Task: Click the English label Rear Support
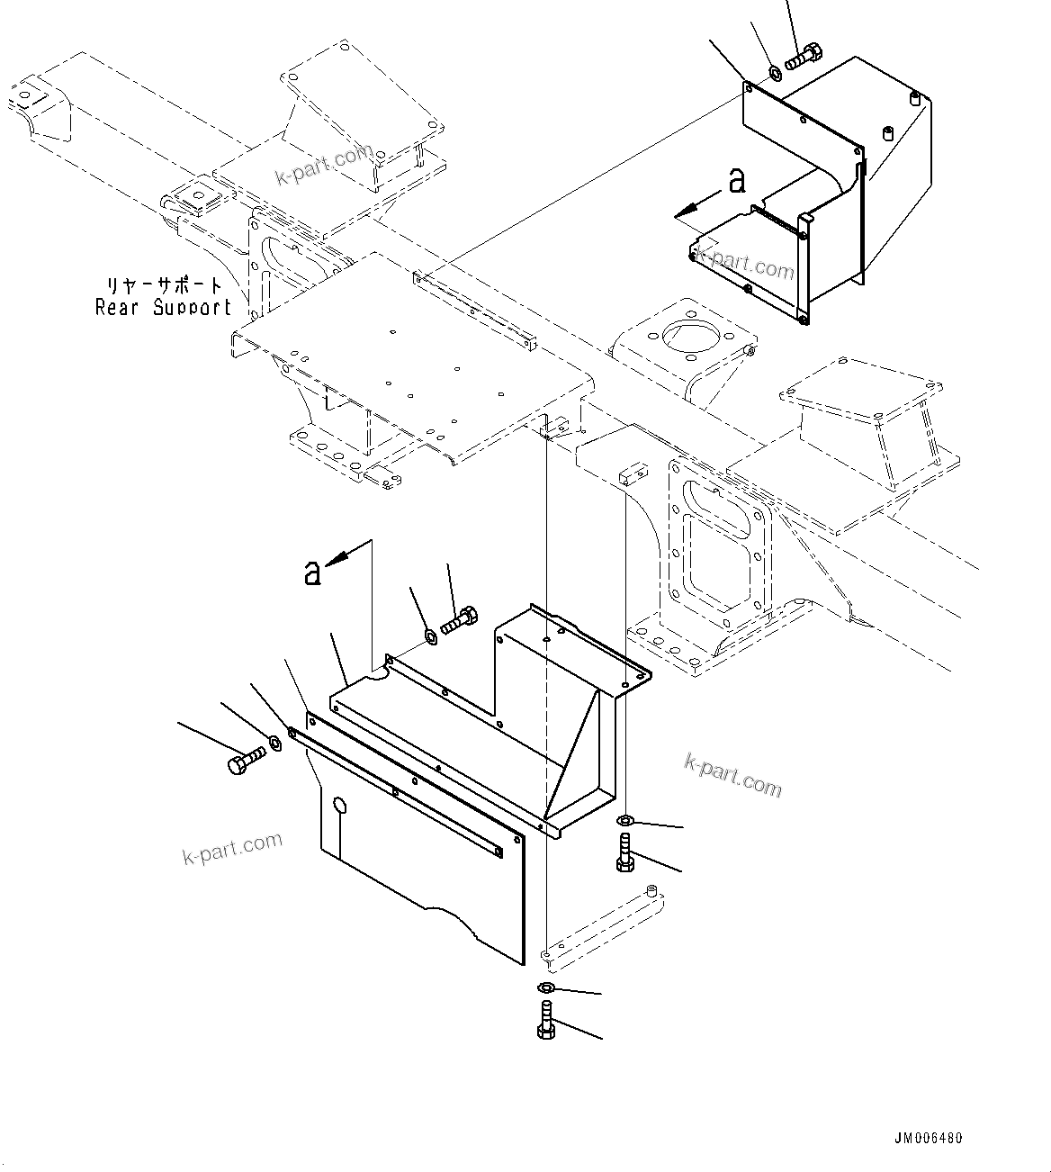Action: pos(163,308)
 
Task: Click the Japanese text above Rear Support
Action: pos(165,286)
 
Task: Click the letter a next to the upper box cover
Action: pos(737,181)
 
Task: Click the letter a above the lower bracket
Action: pos(312,572)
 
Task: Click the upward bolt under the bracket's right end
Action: pos(624,852)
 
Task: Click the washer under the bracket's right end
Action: pos(624,820)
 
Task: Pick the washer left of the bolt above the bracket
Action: pos(430,637)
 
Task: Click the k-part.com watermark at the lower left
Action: pos(232,848)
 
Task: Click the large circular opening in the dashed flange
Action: pos(689,336)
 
